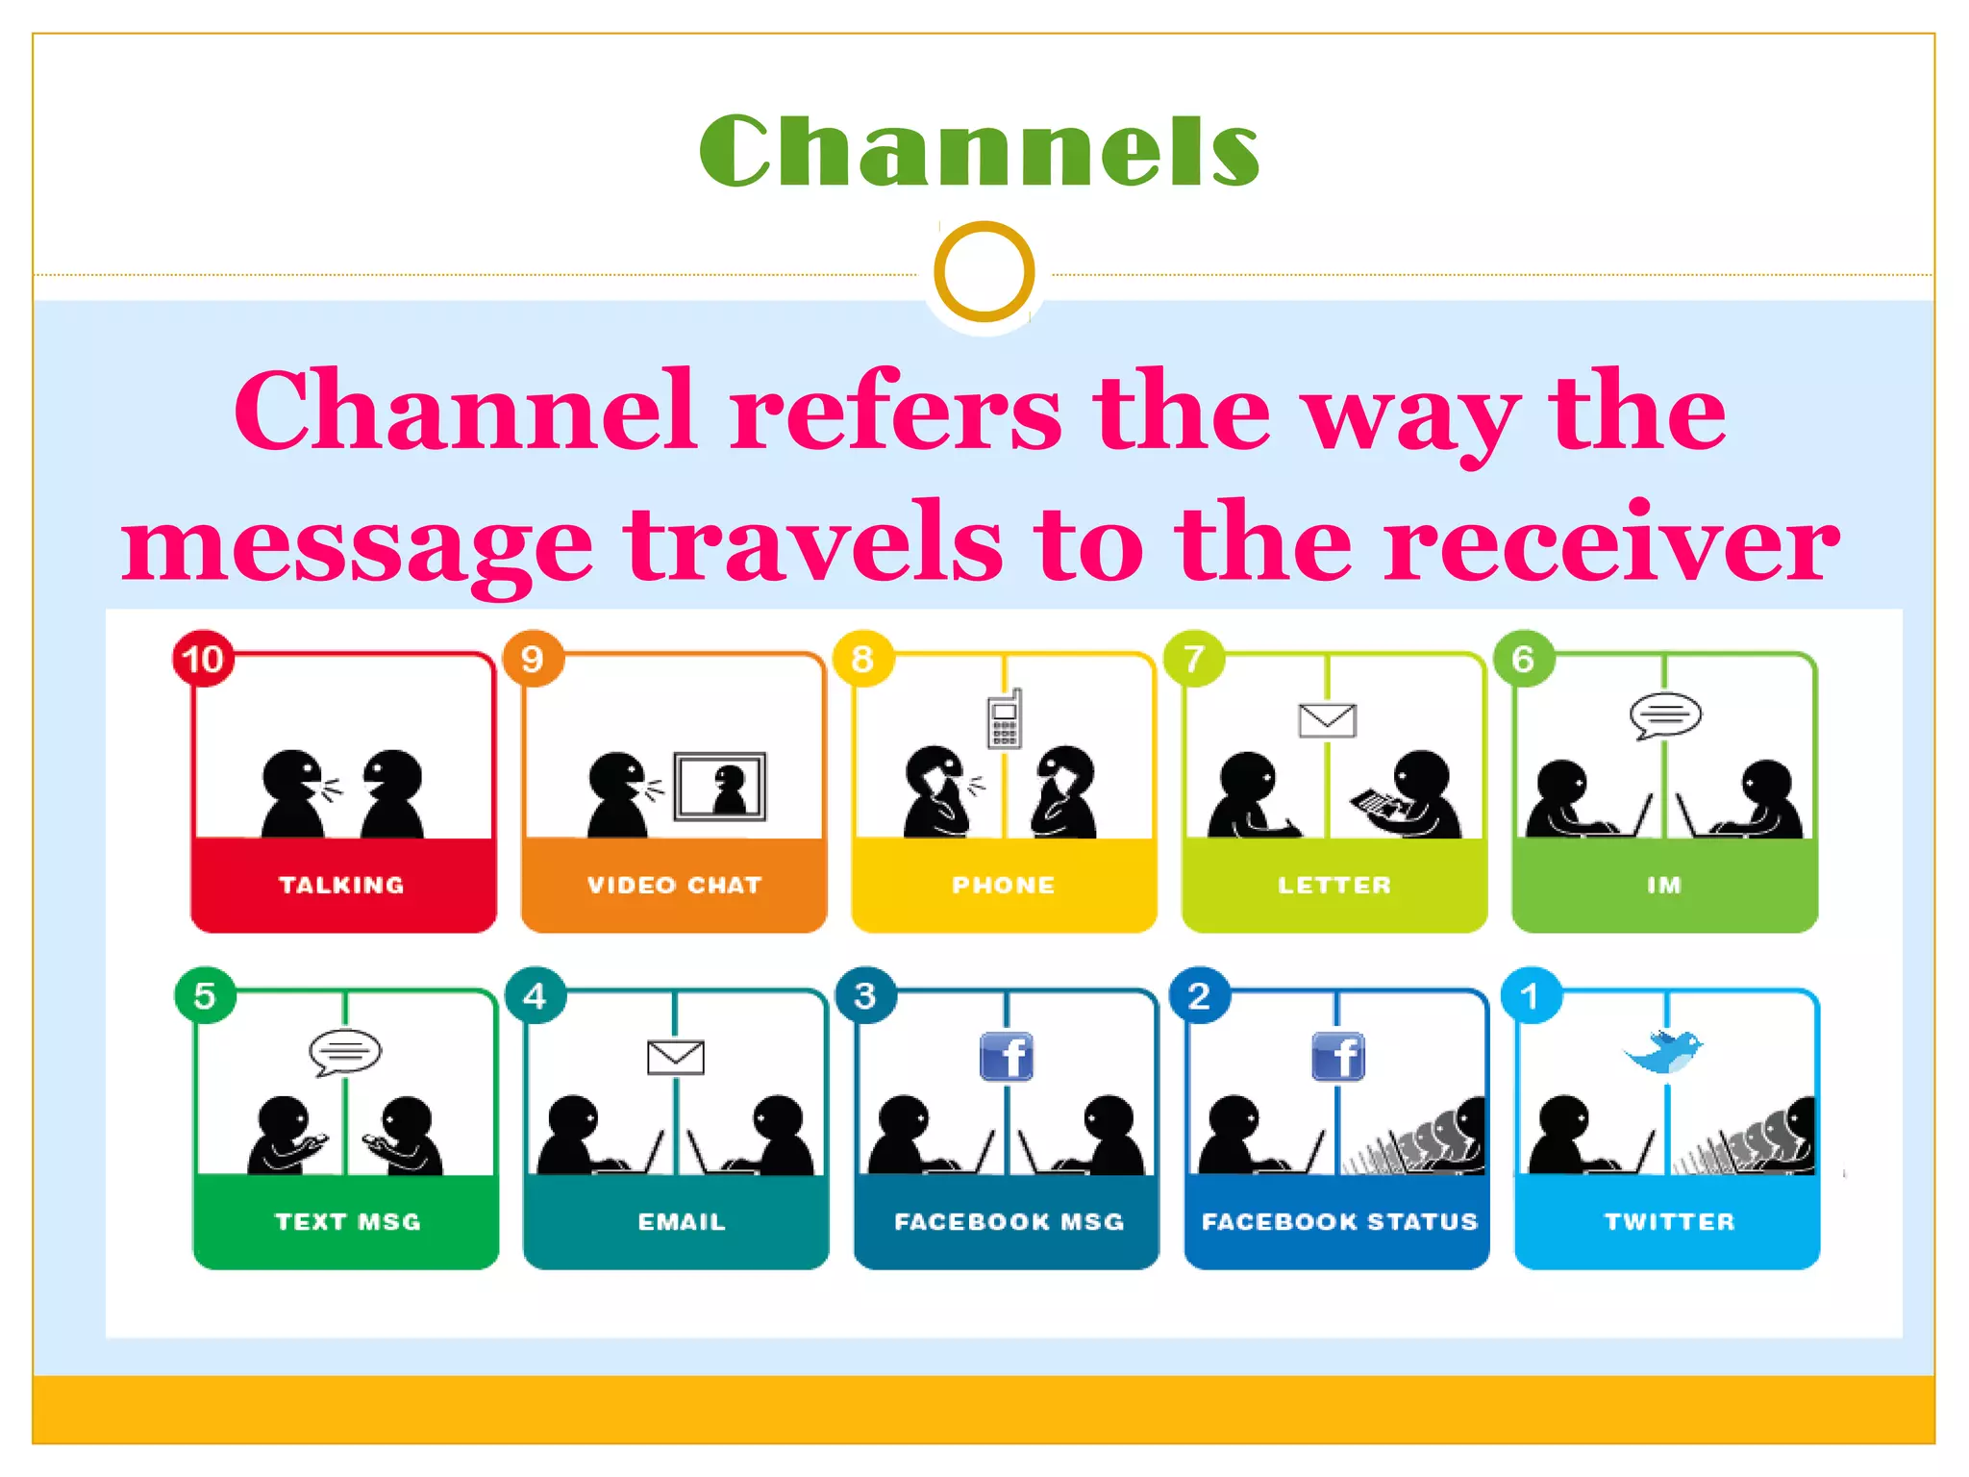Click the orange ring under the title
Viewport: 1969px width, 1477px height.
984,271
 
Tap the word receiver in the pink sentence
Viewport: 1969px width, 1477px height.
1611,544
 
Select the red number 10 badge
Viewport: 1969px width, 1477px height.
203,660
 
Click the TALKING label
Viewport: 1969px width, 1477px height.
341,885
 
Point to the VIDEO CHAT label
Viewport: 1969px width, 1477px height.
674,885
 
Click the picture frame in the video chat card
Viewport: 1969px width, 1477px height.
720,787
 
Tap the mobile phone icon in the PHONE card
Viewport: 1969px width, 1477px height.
1005,719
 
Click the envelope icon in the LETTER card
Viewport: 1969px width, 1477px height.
1327,720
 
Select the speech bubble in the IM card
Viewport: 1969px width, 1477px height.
1665,715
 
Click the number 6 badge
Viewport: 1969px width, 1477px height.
1523,660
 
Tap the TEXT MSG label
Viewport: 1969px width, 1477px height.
347,1221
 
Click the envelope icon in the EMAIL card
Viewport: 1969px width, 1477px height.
675,1058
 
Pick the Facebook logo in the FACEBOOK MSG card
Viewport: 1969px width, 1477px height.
1006,1057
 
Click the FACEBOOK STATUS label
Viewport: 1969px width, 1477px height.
1338,1221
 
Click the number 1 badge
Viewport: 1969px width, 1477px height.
1531,996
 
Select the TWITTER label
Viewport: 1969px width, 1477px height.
1669,1221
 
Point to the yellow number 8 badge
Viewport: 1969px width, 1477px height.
862,660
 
